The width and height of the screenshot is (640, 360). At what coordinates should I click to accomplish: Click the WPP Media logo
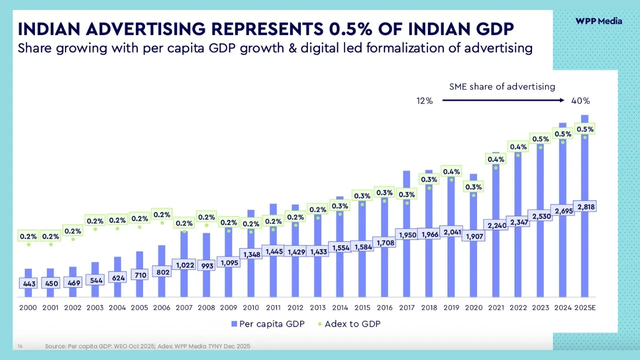point(598,21)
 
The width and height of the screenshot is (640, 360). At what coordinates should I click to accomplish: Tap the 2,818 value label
point(585,206)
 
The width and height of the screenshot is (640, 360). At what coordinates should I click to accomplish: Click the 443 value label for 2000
point(29,283)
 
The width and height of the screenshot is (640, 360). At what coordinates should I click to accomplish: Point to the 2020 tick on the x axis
point(473,307)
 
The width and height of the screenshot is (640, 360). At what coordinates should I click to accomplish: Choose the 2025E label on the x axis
point(584,307)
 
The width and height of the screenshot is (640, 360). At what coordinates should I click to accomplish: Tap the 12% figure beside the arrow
point(424,100)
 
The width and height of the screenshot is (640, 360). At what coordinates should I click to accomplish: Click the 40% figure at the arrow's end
point(580,100)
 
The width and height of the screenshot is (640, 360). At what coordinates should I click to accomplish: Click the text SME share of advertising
point(502,86)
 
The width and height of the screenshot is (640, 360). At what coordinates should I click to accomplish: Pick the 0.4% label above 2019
point(451,171)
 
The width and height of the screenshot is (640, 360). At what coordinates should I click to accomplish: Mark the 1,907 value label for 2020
point(474,236)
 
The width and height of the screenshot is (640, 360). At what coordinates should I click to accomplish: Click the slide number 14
point(20,346)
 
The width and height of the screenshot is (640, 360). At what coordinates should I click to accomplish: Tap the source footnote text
point(147,346)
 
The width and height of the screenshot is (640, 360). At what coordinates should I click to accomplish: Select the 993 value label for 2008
point(207,265)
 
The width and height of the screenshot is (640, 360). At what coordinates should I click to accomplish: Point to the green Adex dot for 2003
point(95,229)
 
